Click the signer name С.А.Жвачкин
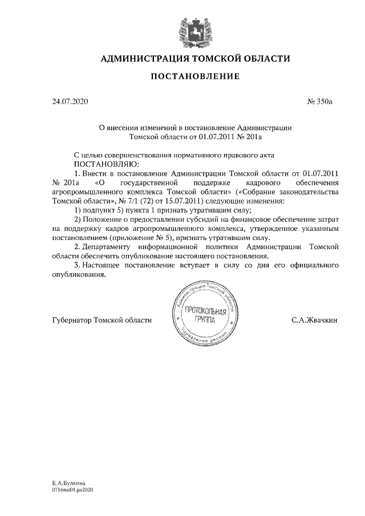(x=314, y=320)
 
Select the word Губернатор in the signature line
(x=71, y=320)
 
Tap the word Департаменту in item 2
(x=107, y=247)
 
